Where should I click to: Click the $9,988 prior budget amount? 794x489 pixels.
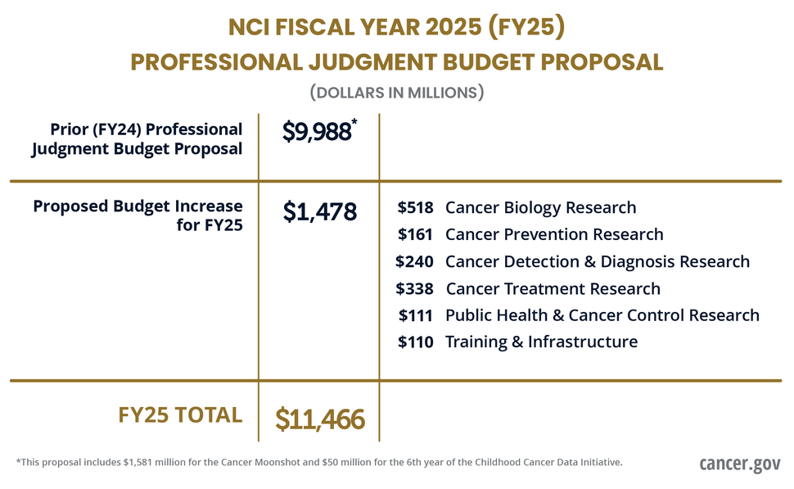pyautogui.click(x=317, y=133)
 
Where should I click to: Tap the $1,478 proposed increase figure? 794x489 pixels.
pyautogui.click(x=320, y=211)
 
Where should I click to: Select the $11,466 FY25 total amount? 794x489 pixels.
pyautogui.click(x=320, y=419)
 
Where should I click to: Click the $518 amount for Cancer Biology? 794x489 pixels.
pyautogui.click(x=415, y=208)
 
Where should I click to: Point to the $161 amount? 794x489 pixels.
pyautogui.click(x=415, y=235)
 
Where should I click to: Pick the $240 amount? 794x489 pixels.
pyautogui.click(x=414, y=262)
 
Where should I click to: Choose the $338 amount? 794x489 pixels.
pyautogui.click(x=414, y=289)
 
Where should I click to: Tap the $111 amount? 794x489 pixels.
pyautogui.click(x=416, y=315)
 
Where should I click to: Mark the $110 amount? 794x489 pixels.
pyautogui.click(x=416, y=342)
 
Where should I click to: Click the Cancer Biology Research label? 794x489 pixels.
pyautogui.click(x=540, y=208)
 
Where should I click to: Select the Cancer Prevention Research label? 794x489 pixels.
pyautogui.click(x=554, y=235)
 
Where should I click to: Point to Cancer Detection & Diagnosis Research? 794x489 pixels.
pyautogui.click(x=598, y=262)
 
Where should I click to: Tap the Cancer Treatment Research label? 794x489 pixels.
pyautogui.click(x=553, y=289)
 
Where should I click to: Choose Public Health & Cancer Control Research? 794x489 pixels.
pyautogui.click(x=602, y=315)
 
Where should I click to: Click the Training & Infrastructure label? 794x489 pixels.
pyautogui.click(x=541, y=342)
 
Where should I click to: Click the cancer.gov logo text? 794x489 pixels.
pyautogui.click(x=740, y=464)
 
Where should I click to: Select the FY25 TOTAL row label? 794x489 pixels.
pyautogui.click(x=181, y=415)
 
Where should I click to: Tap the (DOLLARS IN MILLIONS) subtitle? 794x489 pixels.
pyautogui.click(x=397, y=93)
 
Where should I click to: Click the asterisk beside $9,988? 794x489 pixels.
pyautogui.click(x=354, y=122)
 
